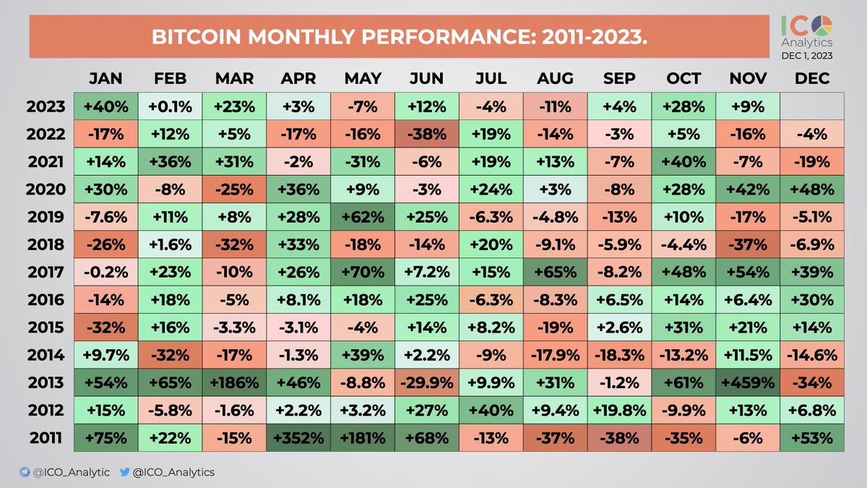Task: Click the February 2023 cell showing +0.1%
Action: (171, 107)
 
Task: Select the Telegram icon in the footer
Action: (25, 472)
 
